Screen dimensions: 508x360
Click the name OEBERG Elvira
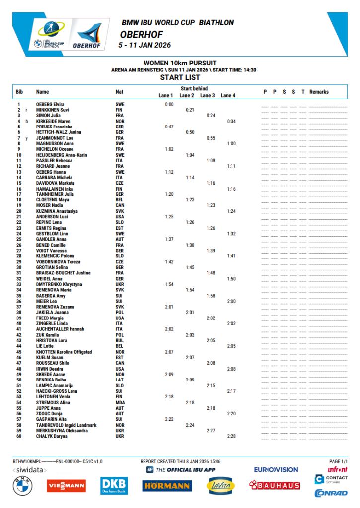click(50, 104)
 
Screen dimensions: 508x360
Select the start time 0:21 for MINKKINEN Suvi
click(189, 110)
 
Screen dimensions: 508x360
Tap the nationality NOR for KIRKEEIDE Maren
click(120, 121)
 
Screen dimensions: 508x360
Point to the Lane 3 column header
click(207, 95)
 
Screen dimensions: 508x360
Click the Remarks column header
click(319, 92)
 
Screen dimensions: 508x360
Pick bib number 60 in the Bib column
click(19, 436)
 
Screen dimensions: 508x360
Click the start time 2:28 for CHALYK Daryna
click(231, 436)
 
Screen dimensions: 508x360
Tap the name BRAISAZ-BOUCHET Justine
click(63, 273)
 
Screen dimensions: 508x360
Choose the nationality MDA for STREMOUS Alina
click(120, 402)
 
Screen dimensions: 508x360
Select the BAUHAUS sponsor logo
click(275, 485)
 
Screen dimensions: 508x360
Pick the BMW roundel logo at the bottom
click(23, 486)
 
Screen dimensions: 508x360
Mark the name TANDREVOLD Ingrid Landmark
click(66, 425)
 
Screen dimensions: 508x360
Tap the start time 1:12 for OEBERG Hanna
click(169, 172)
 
